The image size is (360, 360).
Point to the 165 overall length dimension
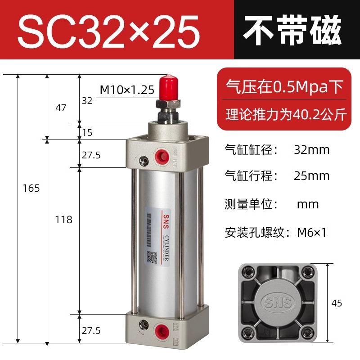pyautogui.click(x=31, y=188)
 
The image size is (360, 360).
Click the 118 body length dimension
pyautogui.click(x=63, y=220)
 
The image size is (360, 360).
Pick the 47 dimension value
pyautogui.click(x=60, y=108)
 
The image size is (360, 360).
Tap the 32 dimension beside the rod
pyautogui.click(x=87, y=101)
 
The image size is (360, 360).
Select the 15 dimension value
pyautogui.click(x=87, y=133)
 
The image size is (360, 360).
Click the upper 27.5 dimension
pyautogui.click(x=91, y=155)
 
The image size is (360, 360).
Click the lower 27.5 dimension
pyautogui.click(x=91, y=330)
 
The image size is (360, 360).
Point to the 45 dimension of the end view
pyautogui.click(x=337, y=303)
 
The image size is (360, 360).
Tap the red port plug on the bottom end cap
pyautogui.click(x=160, y=329)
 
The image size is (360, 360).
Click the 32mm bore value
pyautogui.click(x=311, y=149)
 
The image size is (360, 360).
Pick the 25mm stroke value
pyautogui.click(x=311, y=175)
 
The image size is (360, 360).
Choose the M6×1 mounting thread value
pyautogui.click(x=311, y=233)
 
